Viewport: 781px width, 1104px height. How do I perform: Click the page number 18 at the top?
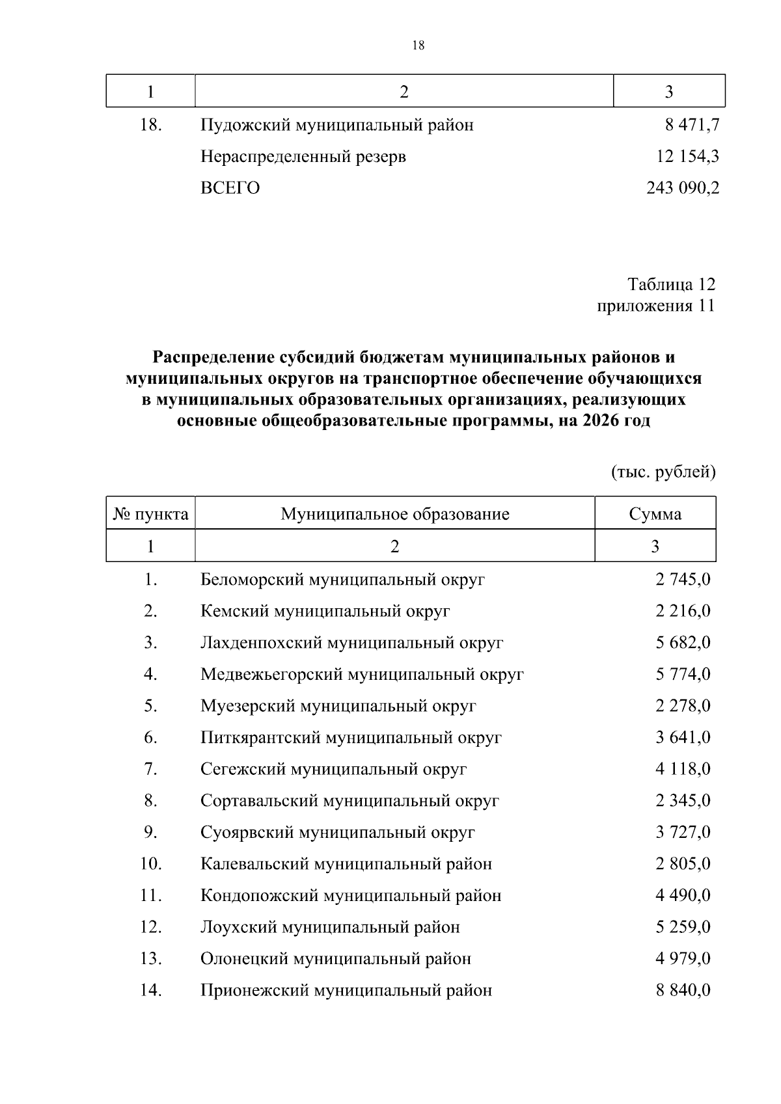pyautogui.click(x=418, y=45)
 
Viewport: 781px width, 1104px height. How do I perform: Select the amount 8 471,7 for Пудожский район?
pyautogui.click(x=691, y=125)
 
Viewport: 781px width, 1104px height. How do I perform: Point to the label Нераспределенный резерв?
pyautogui.click(x=303, y=157)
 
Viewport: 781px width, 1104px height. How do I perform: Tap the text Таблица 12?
pyautogui.click(x=670, y=284)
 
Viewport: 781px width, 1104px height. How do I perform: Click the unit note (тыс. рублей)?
pyautogui.click(x=663, y=472)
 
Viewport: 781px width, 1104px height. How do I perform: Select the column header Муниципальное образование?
pyautogui.click(x=394, y=515)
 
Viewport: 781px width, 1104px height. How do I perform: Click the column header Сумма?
pyautogui.click(x=655, y=515)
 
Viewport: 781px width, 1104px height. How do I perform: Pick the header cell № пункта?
pyautogui.click(x=151, y=515)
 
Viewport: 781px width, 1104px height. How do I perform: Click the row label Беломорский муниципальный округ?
pyautogui.click(x=342, y=579)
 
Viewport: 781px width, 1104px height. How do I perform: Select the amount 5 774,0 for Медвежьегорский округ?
pyautogui.click(x=682, y=674)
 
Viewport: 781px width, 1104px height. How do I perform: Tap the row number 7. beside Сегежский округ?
pyautogui.click(x=151, y=769)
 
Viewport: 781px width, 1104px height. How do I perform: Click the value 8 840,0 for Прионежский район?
pyautogui.click(x=682, y=990)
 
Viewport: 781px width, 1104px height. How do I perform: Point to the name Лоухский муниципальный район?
pyautogui.click(x=330, y=927)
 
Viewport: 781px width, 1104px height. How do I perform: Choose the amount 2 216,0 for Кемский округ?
pyautogui.click(x=682, y=611)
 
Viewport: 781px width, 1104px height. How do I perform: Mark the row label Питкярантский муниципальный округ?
pyautogui.click(x=351, y=738)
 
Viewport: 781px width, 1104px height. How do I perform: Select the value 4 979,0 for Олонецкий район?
pyautogui.click(x=682, y=958)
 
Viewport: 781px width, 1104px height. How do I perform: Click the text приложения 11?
pyautogui.click(x=655, y=306)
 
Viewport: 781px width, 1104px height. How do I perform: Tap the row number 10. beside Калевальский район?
pyautogui.click(x=151, y=864)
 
